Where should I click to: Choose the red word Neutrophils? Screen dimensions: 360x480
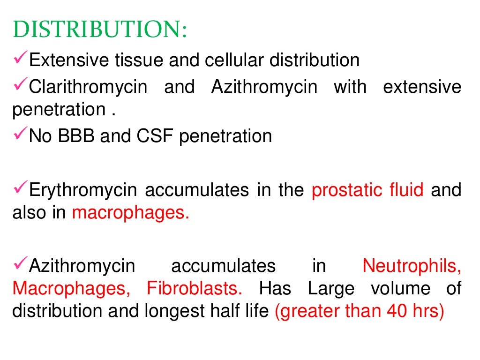(412, 266)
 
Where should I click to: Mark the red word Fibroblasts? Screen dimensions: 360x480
(195, 288)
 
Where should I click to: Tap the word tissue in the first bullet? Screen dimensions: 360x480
(133, 60)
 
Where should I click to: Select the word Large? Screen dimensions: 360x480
(331, 288)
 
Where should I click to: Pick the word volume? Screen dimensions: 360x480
(400, 288)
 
